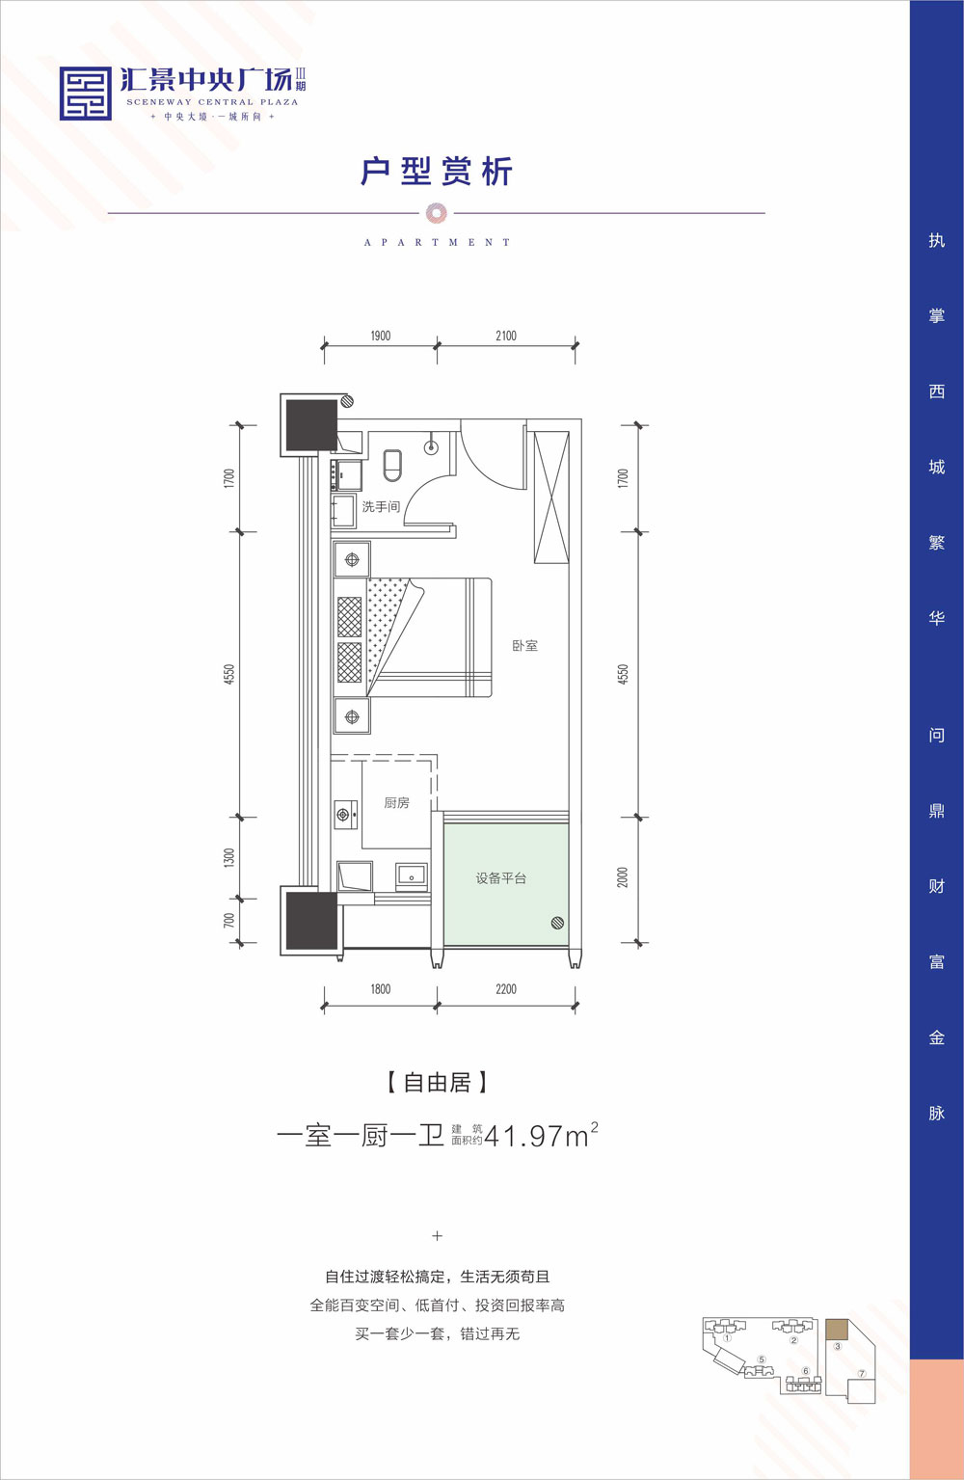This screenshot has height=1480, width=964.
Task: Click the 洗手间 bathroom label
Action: coord(381,506)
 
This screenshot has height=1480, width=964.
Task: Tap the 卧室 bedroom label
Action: coord(525,646)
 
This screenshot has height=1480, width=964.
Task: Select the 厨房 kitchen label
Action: coord(396,802)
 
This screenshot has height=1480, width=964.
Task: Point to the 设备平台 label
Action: coord(500,878)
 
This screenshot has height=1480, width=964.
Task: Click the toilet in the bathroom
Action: coord(392,465)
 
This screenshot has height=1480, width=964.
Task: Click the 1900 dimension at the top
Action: coord(381,336)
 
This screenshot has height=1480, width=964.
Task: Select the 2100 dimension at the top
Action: coord(506,336)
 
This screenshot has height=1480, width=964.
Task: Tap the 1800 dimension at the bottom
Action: coord(381,988)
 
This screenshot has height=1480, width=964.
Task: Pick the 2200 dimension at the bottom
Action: coord(506,988)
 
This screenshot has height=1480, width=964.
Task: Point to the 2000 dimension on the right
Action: coord(623,877)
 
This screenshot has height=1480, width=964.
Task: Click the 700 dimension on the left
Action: coord(229,921)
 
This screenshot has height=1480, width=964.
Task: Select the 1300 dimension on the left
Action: coord(229,858)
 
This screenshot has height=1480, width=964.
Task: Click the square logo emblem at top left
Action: coord(85,94)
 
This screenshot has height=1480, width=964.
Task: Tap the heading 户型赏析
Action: coord(437,172)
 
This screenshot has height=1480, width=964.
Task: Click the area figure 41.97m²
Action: coord(540,1136)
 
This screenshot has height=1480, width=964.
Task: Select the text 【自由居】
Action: coord(437,1083)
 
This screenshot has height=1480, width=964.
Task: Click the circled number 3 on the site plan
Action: coord(838,1347)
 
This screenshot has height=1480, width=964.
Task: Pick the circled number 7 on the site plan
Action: coord(862,1374)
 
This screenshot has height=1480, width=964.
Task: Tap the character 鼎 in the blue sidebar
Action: coord(936,811)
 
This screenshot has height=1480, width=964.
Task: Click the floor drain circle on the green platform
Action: coord(557,923)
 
